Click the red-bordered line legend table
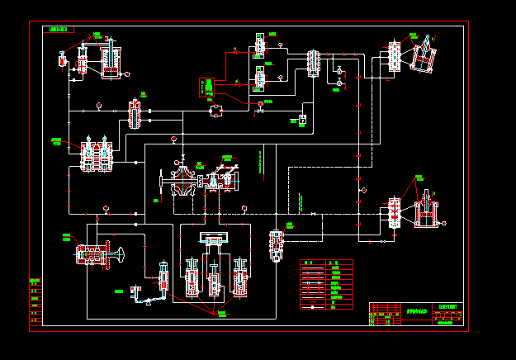[326, 285]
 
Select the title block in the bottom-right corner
[417, 314]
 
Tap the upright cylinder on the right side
[426, 211]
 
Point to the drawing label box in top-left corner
[61, 29]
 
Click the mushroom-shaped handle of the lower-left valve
[121, 253]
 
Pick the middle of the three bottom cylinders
[215, 279]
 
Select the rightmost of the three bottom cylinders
[239, 277]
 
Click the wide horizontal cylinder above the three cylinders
[212, 239]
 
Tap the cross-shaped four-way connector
[215, 110]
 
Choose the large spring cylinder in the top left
[111, 60]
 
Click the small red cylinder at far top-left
[63, 59]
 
